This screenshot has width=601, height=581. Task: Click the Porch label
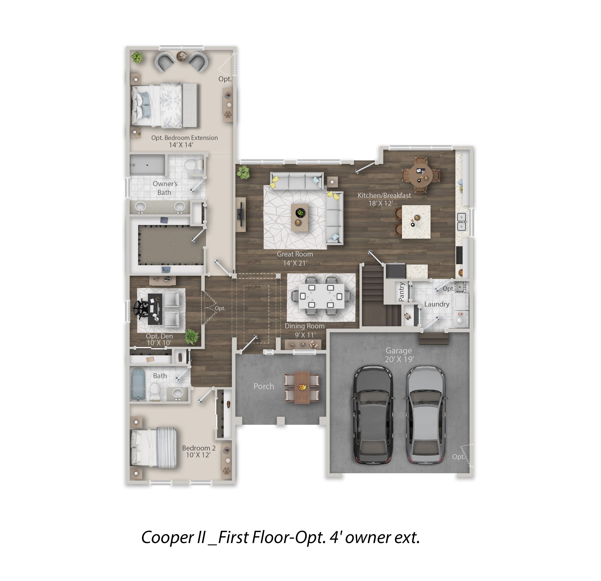264,386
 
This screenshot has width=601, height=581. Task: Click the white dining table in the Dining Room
321,296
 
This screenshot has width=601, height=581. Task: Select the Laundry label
437,304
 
